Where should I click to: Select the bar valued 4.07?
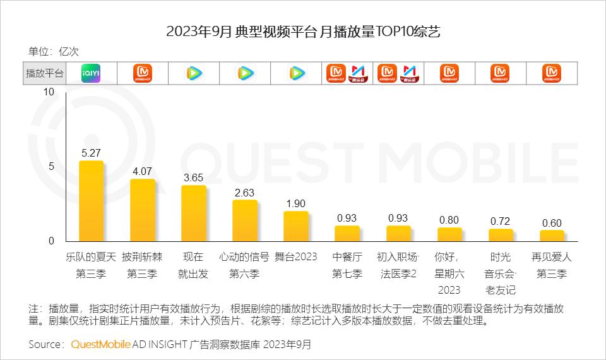[x=143, y=210]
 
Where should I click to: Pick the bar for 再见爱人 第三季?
[x=552, y=236]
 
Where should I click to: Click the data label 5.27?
[x=92, y=152]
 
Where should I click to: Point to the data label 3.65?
[x=194, y=177]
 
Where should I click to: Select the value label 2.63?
[x=244, y=193]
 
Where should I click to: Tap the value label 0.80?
[x=449, y=220]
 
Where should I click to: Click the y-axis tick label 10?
[x=49, y=92]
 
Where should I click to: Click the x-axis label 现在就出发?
[x=194, y=266]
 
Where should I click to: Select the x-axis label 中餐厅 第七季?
[x=347, y=266]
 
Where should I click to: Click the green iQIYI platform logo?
[x=91, y=73]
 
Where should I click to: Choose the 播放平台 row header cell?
[x=44, y=73]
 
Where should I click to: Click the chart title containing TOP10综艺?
[x=303, y=32]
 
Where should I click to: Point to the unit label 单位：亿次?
[x=54, y=52]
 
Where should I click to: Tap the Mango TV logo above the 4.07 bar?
[x=143, y=73]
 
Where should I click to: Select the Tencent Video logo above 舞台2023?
[x=295, y=73]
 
